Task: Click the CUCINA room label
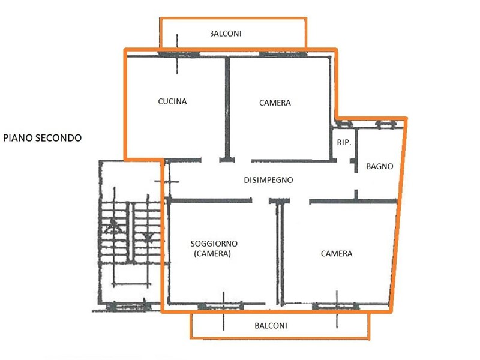tap(172, 101)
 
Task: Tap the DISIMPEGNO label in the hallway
tap(268, 180)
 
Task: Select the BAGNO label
tap(380, 166)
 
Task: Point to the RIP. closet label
tap(344, 142)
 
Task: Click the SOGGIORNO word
tap(214, 244)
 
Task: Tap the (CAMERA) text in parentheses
tap(212, 253)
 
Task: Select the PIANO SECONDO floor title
tap(42, 138)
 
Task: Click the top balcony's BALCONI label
tap(226, 34)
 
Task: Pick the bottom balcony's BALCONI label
tap(271, 325)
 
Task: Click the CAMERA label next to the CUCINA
tap(275, 103)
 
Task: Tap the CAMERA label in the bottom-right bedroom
tap(337, 253)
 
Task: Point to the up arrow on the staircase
tap(113, 227)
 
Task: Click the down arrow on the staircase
tap(148, 236)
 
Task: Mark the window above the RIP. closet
tap(344, 124)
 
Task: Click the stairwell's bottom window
tap(128, 306)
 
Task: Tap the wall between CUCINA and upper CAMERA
tap(227, 109)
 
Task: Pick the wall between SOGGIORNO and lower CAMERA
tap(280, 253)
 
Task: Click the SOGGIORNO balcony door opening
tap(221, 306)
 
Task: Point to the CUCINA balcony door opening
tap(178, 55)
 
